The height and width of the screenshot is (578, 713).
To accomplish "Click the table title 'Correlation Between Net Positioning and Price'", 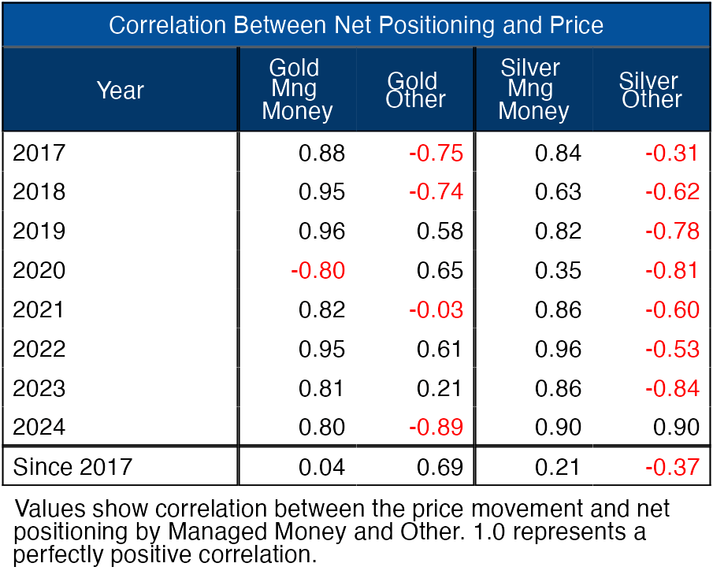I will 356,25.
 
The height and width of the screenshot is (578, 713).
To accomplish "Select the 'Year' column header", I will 120,91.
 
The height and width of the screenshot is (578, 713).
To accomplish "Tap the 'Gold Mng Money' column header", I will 297,90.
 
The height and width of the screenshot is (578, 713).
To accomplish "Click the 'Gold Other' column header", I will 415,90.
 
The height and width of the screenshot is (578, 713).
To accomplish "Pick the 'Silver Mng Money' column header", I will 533,90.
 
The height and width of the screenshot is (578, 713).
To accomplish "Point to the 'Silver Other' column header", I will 650,90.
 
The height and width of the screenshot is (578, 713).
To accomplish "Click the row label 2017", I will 39,153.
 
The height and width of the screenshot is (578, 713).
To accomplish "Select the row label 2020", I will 39,271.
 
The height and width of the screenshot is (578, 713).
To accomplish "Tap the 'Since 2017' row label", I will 72,467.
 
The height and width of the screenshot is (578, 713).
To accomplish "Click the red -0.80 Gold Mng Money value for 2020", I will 318,271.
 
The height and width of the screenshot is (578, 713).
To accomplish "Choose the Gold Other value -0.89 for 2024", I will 436,428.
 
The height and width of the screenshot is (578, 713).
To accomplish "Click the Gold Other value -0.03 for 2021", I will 436,310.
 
